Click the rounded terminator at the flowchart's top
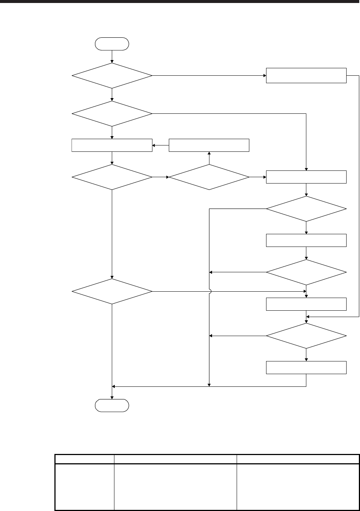tap(112, 44)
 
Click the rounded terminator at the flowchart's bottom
tap(112, 405)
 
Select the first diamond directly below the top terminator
tap(112, 76)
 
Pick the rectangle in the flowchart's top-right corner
tap(306, 75)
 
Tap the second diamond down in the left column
tap(112, 113)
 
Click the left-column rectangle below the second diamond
tap(112, 145)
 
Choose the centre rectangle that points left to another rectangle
tap(209, 145)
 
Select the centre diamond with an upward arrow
tap(209, 177)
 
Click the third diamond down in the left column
tap(112, 177)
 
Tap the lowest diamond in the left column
tap(112, 291)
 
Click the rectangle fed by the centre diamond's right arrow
tap(306, 177)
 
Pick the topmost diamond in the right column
tap(306, 209)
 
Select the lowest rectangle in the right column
tap(306, 367)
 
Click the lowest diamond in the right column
tap(306, 336)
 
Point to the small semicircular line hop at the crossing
tap(210, 291)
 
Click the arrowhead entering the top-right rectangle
tap(264, 76)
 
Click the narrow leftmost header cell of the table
tap(84, 459)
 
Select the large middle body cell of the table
tap(175, 487)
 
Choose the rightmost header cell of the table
tap(298, 459)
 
